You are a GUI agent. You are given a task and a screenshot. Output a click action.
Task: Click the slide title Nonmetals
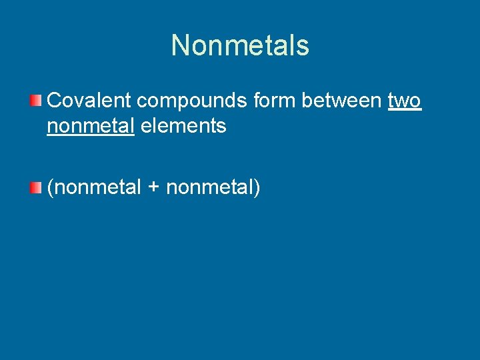[240, 45]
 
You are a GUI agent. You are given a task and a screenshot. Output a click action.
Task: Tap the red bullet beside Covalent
[36, 101]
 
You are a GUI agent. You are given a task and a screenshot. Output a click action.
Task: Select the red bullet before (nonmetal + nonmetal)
[36, 188]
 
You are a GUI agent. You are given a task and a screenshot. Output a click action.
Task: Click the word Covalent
[89, 101]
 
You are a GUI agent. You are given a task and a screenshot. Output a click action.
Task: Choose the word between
[342, 101]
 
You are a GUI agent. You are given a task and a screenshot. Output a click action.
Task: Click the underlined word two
[405, 101]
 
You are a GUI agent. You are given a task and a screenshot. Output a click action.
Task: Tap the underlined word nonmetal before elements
[91, 125]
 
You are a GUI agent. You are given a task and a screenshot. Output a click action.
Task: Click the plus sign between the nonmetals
[153, 189]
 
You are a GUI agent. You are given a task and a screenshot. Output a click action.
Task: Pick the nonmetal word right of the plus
[209, 188]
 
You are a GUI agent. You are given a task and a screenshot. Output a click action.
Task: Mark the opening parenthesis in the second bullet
[50, 189]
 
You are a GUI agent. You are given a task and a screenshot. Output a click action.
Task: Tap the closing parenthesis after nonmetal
[257, 189]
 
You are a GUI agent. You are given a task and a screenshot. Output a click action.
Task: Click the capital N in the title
[181, 45]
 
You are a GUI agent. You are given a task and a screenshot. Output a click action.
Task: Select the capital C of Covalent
[55, 101]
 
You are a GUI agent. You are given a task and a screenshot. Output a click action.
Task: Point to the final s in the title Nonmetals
[303, 46]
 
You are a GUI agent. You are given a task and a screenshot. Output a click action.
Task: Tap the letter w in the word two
[403, 101]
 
